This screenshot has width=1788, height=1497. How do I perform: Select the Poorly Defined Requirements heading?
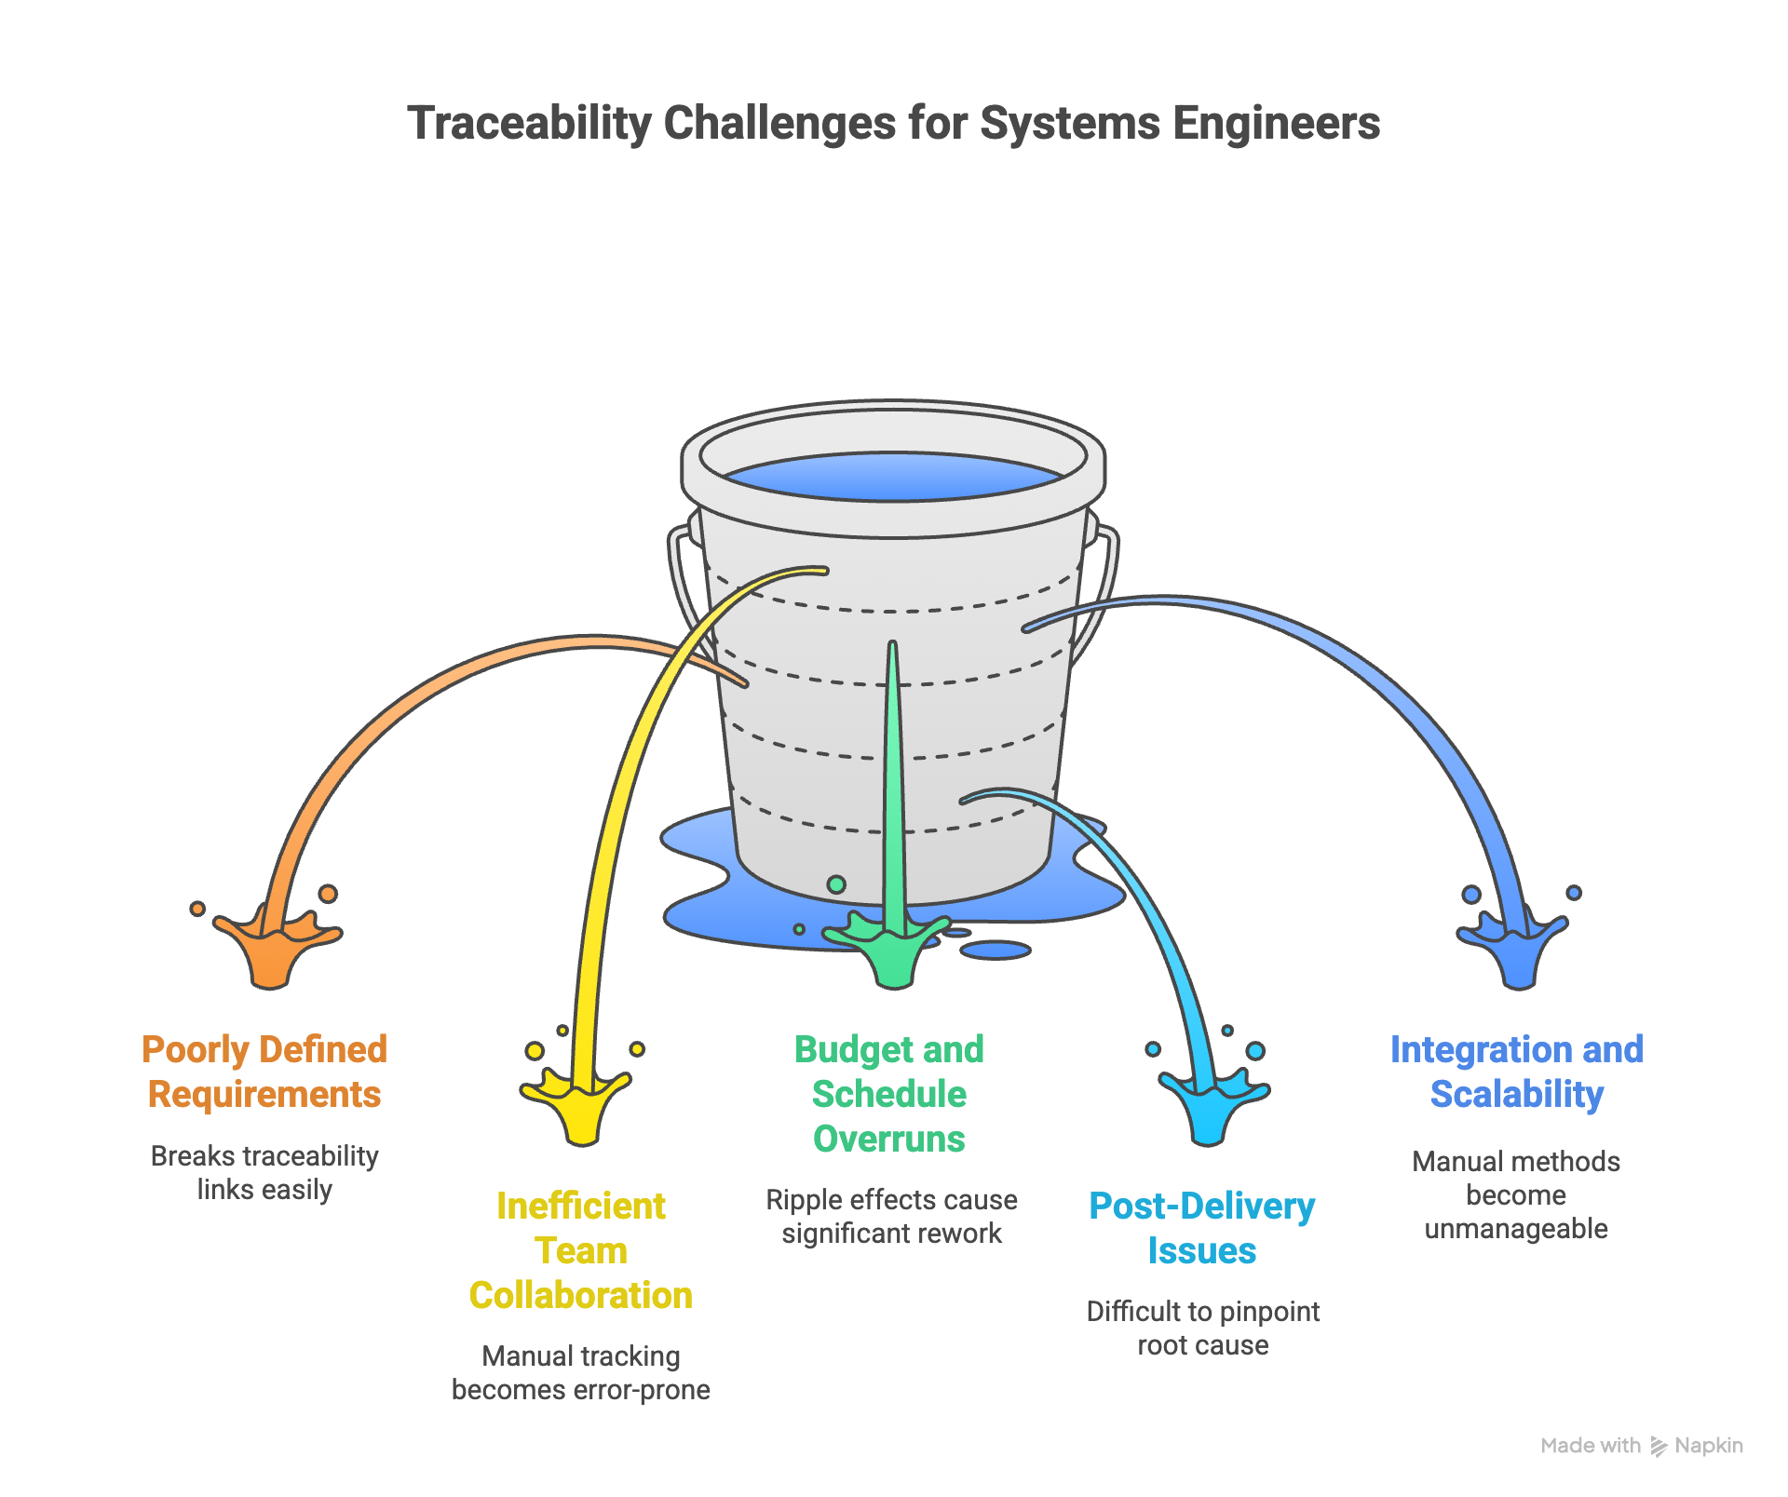(264, 1072)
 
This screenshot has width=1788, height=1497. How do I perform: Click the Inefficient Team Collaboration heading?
(580, 1250)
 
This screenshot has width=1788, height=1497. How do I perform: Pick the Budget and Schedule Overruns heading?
(889, 1094)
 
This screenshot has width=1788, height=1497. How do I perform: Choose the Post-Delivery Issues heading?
(1201, 1228)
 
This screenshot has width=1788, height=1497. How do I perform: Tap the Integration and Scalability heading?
(1516, 1072)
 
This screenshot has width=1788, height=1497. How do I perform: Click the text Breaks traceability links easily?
(264, 1173)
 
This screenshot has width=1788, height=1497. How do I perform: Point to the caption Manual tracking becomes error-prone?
(580, 1372)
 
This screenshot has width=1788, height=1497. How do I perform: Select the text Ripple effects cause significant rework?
(891, 1216)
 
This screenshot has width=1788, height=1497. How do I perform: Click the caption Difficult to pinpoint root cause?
(1202, 1328)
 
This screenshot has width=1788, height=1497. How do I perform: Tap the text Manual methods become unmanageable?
(1516, 1194)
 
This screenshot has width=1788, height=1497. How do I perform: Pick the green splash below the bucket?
(892, 954)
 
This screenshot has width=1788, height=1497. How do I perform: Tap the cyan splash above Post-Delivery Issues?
(1209, 1110)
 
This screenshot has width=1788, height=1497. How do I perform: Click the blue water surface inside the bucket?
(892, 477)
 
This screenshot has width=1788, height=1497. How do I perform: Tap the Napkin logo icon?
(1658, 1446)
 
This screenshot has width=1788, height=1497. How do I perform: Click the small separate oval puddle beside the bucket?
(995, 950)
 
